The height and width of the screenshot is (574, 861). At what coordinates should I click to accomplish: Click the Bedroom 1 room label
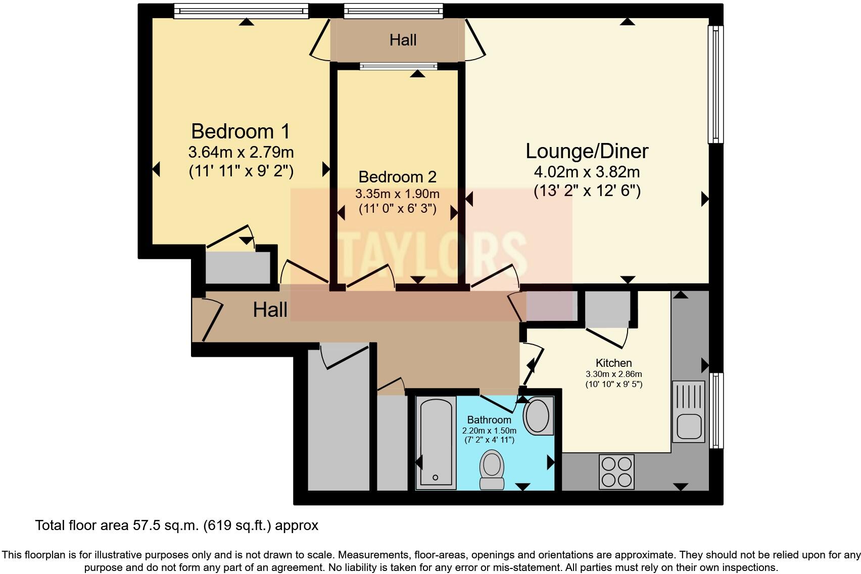pyautogui.click(x=241, y=131)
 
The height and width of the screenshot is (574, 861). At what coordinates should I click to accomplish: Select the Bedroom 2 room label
pyautogui.click(x=397, y=177)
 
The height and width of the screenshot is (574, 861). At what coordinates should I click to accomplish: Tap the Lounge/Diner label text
pyautogui.click(x=587, y=151)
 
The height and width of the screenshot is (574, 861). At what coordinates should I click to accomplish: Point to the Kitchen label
pyautogui.click(x=613, y=363)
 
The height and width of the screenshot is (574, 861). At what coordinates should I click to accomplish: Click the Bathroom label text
pyautogui.click(x=489, y=420)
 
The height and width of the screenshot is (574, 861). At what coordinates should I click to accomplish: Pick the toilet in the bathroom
pyautogui.click(x=492, y=469)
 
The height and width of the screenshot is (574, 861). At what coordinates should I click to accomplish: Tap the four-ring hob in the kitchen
pyautogui.click(x=616, y=472)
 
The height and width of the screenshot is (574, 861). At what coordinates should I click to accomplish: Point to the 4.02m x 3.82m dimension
pyautogui.click(x=587, y=172)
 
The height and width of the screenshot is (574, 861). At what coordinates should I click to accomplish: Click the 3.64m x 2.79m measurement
pyautogui.click(x=241, y=152)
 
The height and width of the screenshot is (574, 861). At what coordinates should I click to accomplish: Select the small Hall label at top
pyautogui.click(x=403, y=40)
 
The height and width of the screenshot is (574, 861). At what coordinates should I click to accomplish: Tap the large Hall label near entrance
pyautogui.click(x=270, y=310)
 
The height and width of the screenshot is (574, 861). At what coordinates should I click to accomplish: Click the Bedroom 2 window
pyautogui.click(x=399, y=66)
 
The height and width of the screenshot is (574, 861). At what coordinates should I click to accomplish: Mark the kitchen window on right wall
pyautogui.click(x=716, y=410)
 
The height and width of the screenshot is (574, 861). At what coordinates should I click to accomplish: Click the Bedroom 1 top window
pyautogui.click(x=241, y=11)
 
